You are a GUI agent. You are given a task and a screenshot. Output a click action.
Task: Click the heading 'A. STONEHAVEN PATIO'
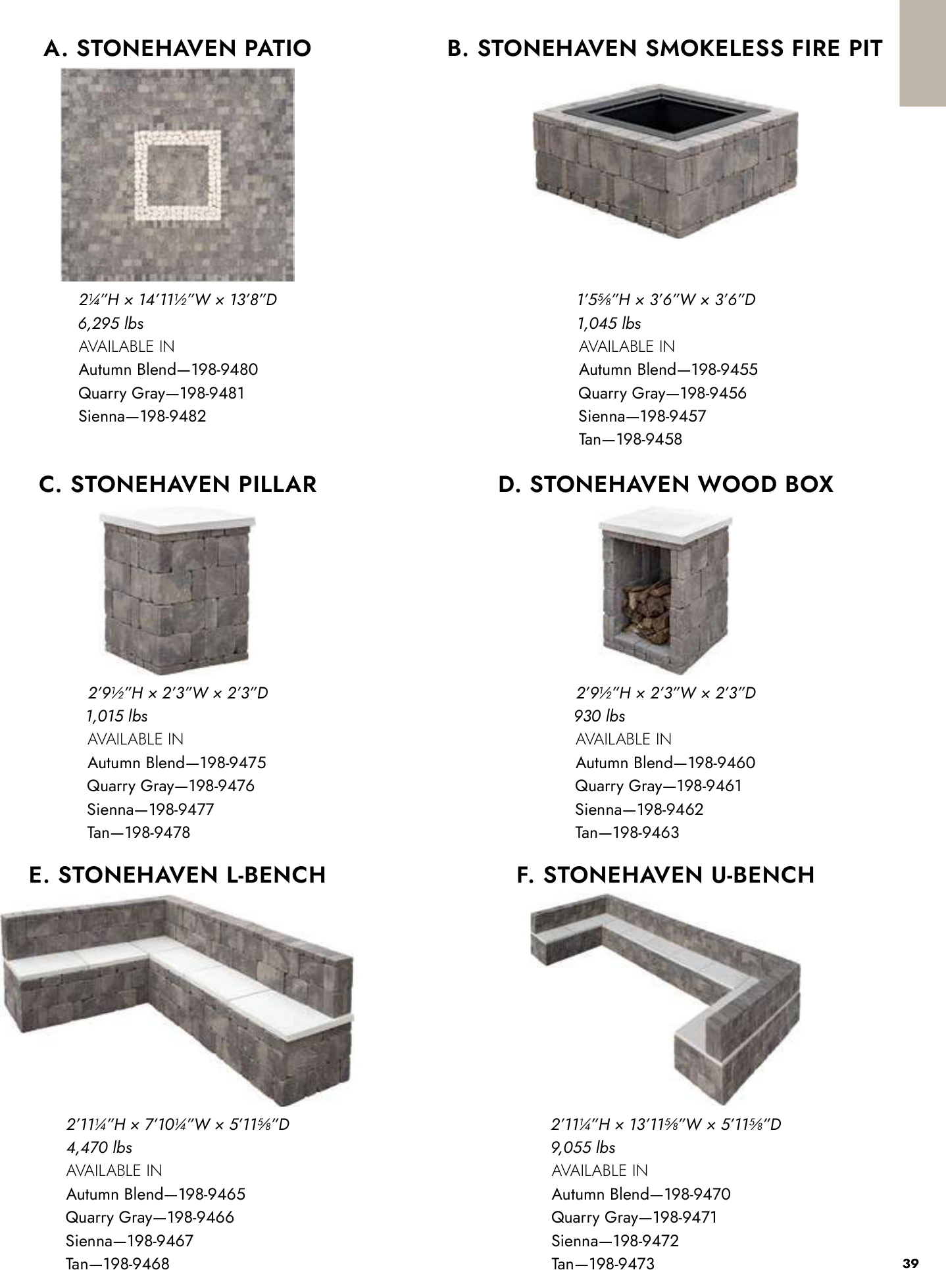[177, 49]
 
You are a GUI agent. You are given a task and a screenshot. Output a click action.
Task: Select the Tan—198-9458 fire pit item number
[630, 439]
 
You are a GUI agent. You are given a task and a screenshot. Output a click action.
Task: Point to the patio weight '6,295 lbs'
[111, 324]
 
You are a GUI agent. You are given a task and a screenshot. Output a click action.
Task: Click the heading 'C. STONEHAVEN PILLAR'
[178, 485]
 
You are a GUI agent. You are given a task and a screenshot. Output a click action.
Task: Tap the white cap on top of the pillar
[177, 520]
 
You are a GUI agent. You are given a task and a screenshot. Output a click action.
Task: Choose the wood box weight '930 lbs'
[599, 716]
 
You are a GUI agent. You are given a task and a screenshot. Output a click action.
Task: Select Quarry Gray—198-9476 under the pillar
[170, 786]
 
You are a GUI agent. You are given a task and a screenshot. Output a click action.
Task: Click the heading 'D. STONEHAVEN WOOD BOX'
[665, 485]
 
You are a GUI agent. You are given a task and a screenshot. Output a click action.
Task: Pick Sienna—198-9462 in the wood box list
[639, 810]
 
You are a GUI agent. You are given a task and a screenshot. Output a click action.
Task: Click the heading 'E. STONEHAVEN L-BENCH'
[178, 875]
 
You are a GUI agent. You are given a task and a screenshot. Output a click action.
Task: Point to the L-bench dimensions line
[178, 1125]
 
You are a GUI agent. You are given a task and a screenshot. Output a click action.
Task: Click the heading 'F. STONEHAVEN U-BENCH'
[666, 875]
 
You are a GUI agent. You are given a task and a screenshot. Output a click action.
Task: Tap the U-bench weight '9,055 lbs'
[583, 1148]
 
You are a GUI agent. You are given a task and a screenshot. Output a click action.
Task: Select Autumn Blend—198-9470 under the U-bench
[641, 1194]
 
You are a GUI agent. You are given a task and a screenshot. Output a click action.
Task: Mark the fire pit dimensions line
[666, 301]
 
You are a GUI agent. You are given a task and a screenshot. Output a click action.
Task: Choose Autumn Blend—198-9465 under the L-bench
[155, 1194]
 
